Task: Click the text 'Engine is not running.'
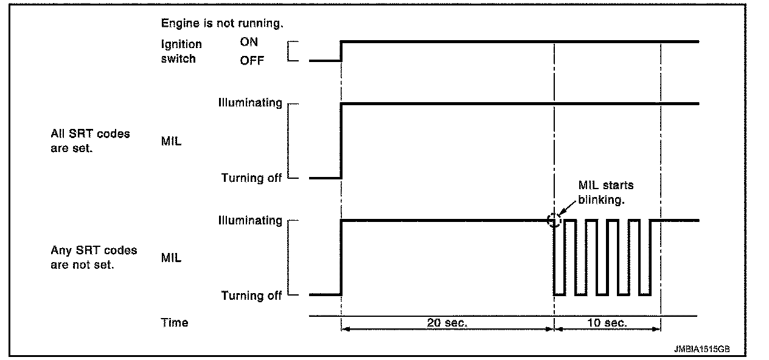(x=222, y=24)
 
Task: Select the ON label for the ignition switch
(x=249, y=43)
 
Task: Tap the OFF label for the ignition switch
(x=251, y=60)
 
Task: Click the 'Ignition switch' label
(x=181, y=52)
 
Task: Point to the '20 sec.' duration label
(x=448, y=323)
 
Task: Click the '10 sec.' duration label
(x=607, y=323)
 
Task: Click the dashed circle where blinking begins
(x=554, y=220)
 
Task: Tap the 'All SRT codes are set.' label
(x=90, y=140)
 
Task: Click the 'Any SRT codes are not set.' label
(x=93, y=258)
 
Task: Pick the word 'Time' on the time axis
(x=175, y=322)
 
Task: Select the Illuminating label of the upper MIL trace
(x=250, y=103)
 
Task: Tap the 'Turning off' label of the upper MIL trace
(x=251, y=178)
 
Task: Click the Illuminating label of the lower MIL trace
(x=250, y=220)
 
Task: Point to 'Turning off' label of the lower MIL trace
(x=251, y=296)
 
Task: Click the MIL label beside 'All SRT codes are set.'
(x=171, y=141)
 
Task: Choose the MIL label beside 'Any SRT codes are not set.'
(x=171, y=258)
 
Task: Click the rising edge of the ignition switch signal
(x=341, y=52)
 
